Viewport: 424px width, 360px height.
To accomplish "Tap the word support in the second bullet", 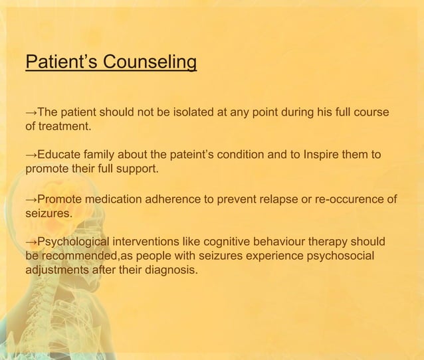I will pos(136,169).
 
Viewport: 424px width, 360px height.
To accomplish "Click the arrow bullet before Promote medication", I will pos(30,199).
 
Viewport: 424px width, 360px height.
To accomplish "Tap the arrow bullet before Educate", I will pos(30,155).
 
